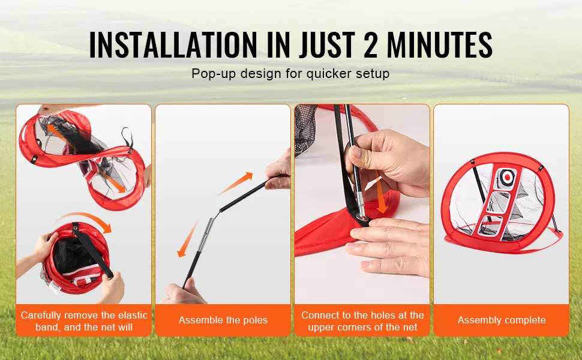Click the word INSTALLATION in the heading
click(173, 44)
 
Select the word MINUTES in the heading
click(439, 44)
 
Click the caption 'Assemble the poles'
click(223, 320)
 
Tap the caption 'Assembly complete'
click(502, 320)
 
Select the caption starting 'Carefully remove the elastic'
click(84, 321)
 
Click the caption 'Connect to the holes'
click(362, 321)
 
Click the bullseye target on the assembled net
click(506, 177)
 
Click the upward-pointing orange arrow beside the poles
click(235, 184)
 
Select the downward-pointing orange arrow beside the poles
click(187, 239)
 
